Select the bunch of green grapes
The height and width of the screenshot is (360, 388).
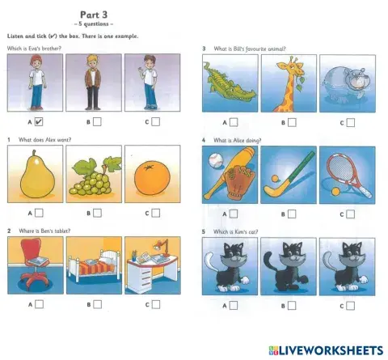pos(93,177)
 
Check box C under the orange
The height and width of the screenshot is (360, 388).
pos(155,214)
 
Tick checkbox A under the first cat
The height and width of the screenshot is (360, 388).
pos(234,306)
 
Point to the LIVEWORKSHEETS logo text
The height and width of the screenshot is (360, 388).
pos(327,349)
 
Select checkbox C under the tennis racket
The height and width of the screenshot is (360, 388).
pos(350,214)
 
